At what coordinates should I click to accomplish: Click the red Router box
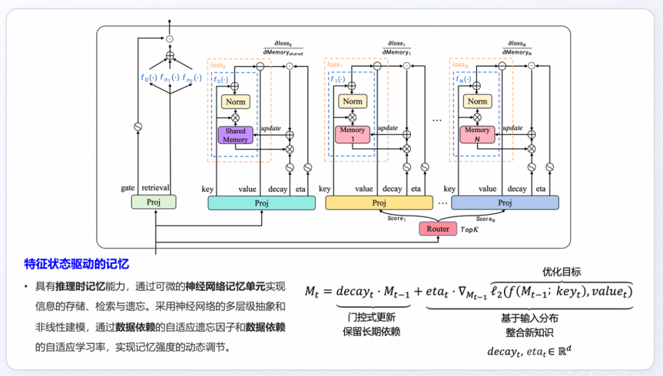(x=438, y=229)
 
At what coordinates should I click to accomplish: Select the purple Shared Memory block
(x=235, y=135)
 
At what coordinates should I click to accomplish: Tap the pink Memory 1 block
(x=352, y=135)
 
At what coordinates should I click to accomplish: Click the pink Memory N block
(x=477, y=135)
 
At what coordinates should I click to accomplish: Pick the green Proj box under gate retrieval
(x=154, y=202)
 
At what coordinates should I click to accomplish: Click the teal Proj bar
(x=262, y=203)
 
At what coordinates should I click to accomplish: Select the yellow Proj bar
(x=379, y=203)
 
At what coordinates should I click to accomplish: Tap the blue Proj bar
(x=505, y=203)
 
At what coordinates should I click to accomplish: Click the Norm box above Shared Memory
(x=235, y=102)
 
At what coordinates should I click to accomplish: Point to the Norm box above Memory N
(x=477, y=102)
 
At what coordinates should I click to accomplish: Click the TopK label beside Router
(x=471, y=229)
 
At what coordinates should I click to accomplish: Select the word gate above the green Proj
(x=128, y=188)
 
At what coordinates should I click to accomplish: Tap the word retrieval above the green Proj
(x=156, y=188)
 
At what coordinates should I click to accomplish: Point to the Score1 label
(x=397, y=218)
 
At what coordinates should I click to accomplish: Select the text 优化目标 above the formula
(x=561, y=271)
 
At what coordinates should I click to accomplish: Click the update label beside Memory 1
(x=388, y=128)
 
